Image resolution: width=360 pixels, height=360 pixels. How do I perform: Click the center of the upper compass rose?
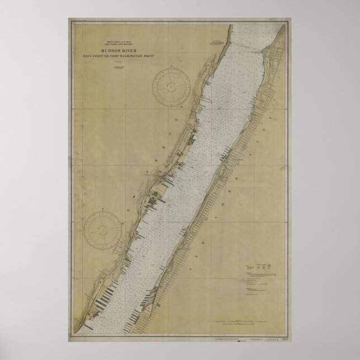(172, 86)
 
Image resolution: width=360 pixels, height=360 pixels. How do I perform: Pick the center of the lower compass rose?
(102, 229)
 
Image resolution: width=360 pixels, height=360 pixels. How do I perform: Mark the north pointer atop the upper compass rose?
(172, 67)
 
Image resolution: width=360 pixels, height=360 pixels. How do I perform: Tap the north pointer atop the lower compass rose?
(102, 211)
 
